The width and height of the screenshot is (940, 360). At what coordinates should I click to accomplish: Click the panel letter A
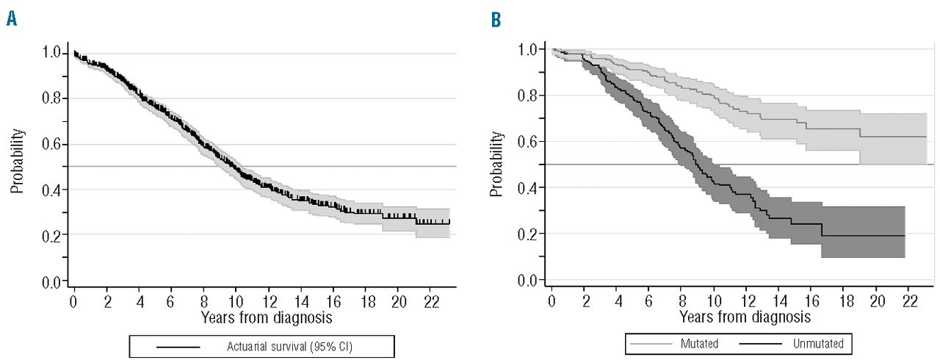click(11, 19)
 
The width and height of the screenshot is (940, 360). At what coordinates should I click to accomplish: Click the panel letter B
click(496, 19)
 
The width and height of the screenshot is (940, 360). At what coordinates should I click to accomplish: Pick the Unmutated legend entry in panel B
click(818, 342)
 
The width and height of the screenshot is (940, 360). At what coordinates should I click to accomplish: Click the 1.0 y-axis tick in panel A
click(51, 52)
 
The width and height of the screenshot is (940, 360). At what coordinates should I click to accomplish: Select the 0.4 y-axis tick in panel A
click(51, 190)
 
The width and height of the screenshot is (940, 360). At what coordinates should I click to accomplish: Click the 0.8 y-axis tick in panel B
click(531, 96)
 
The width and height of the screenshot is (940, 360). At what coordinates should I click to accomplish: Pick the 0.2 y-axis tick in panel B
click(531, 234)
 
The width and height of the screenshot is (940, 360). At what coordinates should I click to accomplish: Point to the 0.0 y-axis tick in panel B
click(531, 280)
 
